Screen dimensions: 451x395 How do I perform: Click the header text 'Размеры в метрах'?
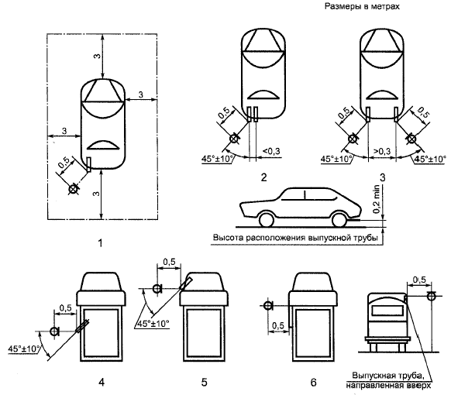click(362, 6)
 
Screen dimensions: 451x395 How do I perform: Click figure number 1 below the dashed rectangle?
click(100, 243)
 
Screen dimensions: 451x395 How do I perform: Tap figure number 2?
click(263, 177)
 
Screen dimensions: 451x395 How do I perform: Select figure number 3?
click(382, 177)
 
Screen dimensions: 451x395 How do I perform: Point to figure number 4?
click(102, 382)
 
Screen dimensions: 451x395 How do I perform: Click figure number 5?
click(204, 382)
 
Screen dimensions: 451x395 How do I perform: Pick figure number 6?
click(313, 382)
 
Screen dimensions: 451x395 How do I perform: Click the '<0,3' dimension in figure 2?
click(271, 151)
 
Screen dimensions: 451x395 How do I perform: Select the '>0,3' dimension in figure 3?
click(382, 151)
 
